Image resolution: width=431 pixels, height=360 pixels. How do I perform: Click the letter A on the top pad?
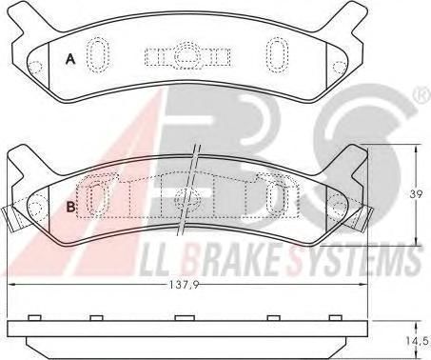pyautogui.click(x=70, y=59)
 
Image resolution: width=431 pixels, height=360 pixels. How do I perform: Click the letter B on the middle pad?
pyautogui.click(x=71, y=207)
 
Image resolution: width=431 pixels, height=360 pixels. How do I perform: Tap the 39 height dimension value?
pyautogui.click(x=416, y=194)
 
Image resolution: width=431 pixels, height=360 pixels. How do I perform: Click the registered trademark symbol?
pyautogui.click(x=422, y=97)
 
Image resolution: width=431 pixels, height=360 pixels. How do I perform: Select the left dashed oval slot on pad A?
pyautogui.click(x=98, y=55)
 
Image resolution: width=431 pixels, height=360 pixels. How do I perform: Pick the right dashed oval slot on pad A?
pyautogui.click(x=277, y=55)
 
